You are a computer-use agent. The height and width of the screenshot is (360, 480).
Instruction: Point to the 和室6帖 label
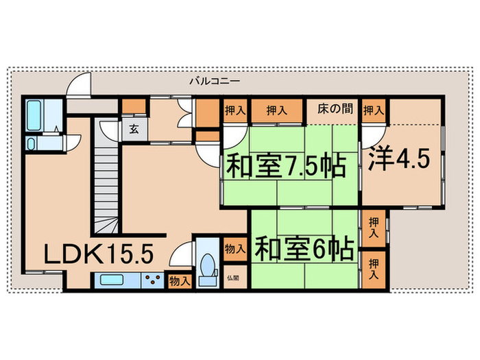(304, 248)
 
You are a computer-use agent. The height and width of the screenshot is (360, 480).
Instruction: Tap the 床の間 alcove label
(335, 109)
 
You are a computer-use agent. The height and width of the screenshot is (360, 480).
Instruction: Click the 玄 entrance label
(132, 128)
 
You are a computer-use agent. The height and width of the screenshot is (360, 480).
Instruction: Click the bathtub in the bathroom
(34, 116)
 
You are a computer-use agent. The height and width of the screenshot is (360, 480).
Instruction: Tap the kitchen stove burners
(154, 280)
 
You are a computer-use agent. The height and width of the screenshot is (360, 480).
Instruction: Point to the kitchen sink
(112, 279)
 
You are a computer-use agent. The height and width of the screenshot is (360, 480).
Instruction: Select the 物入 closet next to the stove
(180, 280)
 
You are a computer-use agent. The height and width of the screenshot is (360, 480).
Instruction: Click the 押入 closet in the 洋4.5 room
(373, 110)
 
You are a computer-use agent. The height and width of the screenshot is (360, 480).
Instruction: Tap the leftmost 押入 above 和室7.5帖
(233, 110)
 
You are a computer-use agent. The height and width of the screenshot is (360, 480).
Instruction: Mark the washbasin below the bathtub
(32, 143)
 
